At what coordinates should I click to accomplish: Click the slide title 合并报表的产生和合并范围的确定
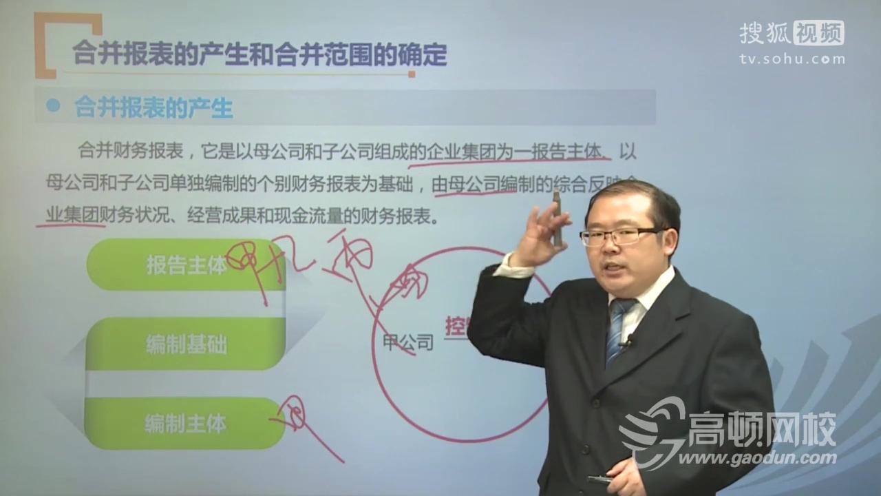pyautogui.click(x=259, y=54)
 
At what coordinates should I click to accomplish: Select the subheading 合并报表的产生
pyautogui.click(x=153, y=107)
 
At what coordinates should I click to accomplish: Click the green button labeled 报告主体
pyautogui.click(x=186, y=266)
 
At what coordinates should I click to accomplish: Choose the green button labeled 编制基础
pyautogui.click(x=186, y=344)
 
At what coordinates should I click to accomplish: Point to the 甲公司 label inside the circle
pyautogui.click(x=408, y=342)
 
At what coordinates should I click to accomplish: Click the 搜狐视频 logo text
pyautogui.click(x=792, y=32)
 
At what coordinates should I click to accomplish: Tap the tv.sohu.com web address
pyautogui.click(x=792, y=59)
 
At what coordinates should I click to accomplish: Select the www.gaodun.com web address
pyautogui.click(x=757, y=458)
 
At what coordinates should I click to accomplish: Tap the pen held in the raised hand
pyautogui.click(x=556, y=217)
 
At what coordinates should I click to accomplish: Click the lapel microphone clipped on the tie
pyautogui.click(x=627, y=340)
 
